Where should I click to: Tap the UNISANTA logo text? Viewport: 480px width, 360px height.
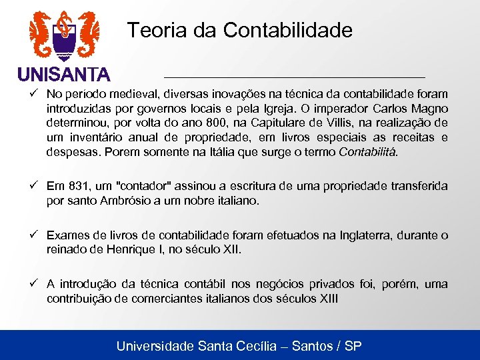pyautogui.click(x=64, y=73)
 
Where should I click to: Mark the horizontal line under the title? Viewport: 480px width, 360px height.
pyautogui.click(x=294, y=70)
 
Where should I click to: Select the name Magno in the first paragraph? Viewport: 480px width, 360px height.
pyautogui.click(x=430, y=108)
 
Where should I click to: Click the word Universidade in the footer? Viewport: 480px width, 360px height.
pyautogui.click(x=155, y=346)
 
